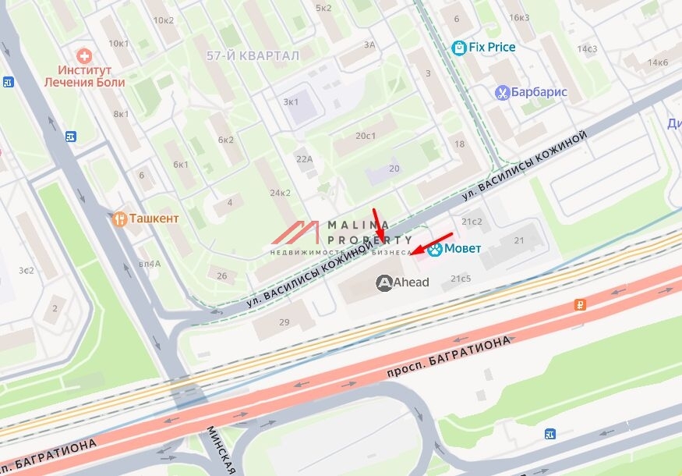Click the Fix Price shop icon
click(459, 48)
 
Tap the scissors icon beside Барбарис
click(503, 93)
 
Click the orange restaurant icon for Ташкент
click(119, 218)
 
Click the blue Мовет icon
click(433, 249)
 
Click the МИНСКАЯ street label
click(221, 450)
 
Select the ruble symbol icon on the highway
click(579, 305)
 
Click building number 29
click(284, 322)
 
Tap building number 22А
click(304, 160)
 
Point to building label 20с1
click(366, 136)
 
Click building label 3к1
click(291, 101)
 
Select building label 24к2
click(280, 193)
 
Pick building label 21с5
click(461, 279)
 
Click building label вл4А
click(150, 264)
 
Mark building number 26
click(222, 276)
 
